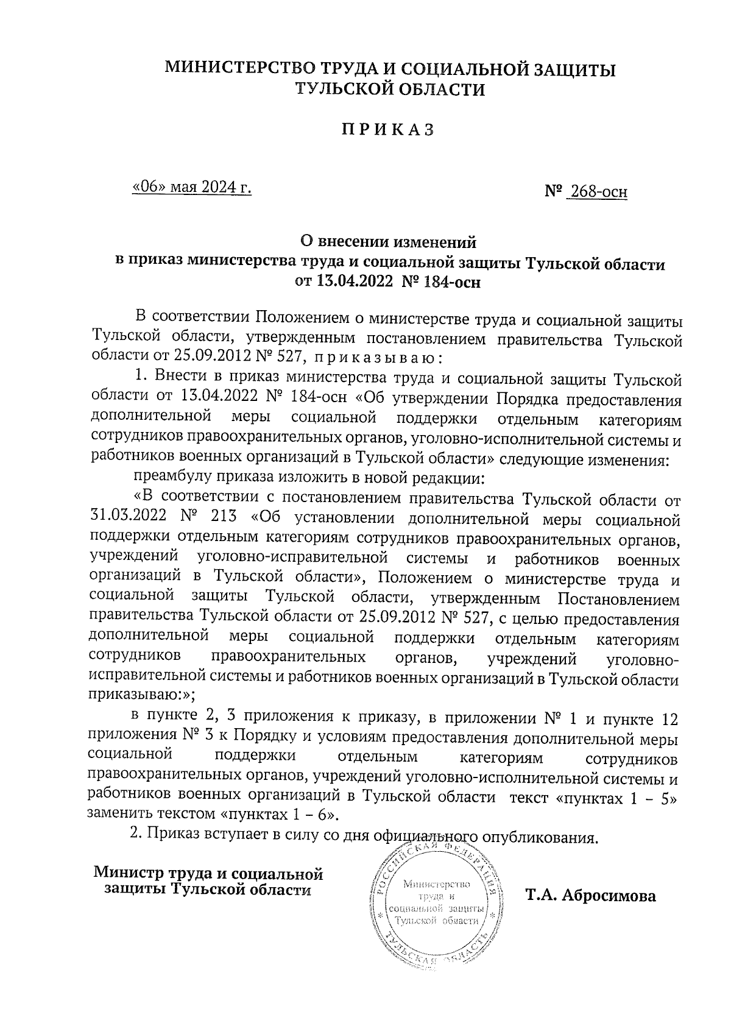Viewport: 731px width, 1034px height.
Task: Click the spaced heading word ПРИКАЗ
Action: [x=387, y=130]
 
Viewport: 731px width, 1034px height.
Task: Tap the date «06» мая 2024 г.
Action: [x=192, y=187]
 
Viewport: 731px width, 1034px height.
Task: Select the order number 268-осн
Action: [x=596, y=193]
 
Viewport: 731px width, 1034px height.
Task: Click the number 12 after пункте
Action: [x=669, y=719]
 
